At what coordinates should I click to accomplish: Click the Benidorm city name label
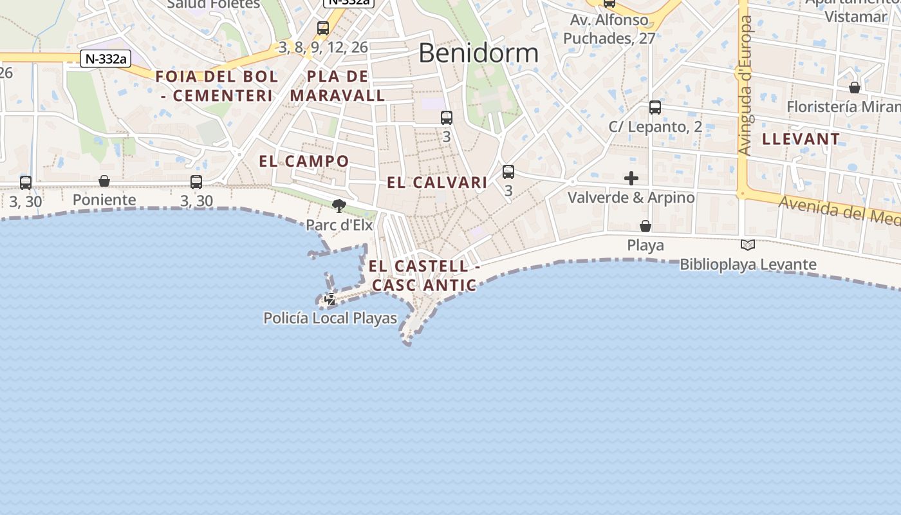tap(478, 53)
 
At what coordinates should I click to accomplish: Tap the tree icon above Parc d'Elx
tap(339, 206)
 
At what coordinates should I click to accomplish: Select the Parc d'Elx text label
tap(339, 225)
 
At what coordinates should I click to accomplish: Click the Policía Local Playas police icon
tap(330, 299)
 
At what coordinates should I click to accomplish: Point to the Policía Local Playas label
tap(330, 318)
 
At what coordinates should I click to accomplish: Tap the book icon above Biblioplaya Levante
tap(748, 245)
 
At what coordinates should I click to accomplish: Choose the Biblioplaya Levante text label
tap(748, 265)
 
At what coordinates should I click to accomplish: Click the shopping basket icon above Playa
tap(646, 226)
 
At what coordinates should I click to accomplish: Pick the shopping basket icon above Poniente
tap(104, 181)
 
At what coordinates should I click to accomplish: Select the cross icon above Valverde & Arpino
tap(631, 178)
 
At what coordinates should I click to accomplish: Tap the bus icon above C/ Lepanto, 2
tap(655, 108)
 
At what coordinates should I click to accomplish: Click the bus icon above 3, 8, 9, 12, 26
tap(323, 28)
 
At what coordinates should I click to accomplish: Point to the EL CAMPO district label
tap(304, 162)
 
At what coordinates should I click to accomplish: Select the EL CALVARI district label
tap(437, 183)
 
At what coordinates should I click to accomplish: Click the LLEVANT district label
tap(801, 139)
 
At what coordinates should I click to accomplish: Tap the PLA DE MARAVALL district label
tap(337, 86)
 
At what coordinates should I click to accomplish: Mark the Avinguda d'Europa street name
tap(746, 86)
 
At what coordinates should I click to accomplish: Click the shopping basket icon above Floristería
tap(855, 88)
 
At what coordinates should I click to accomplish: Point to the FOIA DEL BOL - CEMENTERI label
tap(216, 86)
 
